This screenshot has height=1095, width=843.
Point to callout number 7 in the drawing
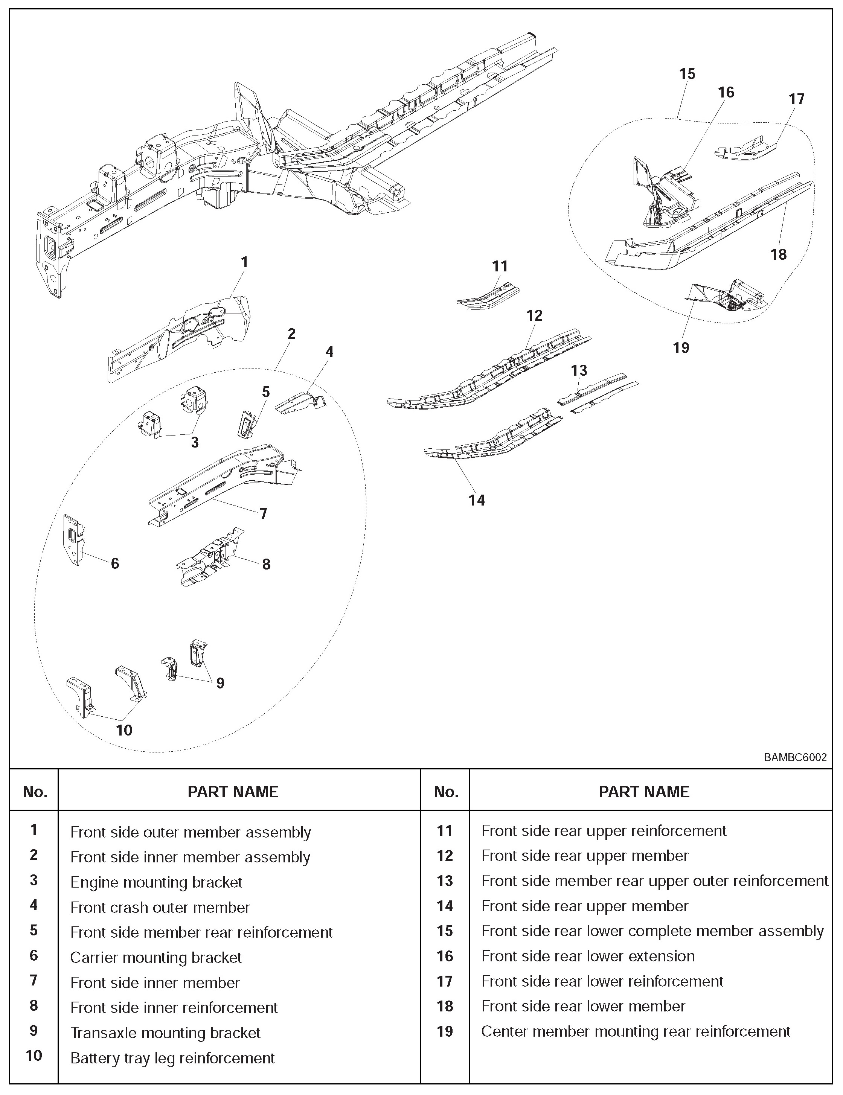pyautogui.click(x=263, y=513)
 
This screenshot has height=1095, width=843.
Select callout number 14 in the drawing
pyautogui.click(x=476, y=500)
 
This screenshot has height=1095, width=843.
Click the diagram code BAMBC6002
pyautogui.click(x=795, y=758)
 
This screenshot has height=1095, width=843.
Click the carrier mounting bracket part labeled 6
pyautogui.click(x=74, y=539)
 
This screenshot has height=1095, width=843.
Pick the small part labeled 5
pyautogui.click(x=246, y=424)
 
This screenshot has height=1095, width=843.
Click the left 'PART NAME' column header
pyautogui.click(x=233, y=792)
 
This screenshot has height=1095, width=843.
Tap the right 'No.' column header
pyautogui.click(x=445, y=792)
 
